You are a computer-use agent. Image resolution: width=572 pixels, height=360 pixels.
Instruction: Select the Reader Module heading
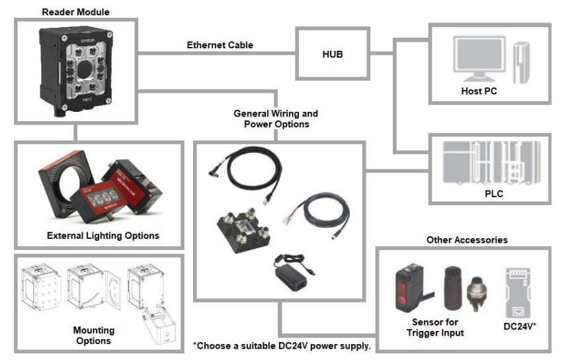coord(75,11)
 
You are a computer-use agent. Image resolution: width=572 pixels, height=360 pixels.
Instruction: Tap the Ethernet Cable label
coord(220,46)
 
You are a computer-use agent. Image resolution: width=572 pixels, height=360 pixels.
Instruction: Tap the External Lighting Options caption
coord(103,236)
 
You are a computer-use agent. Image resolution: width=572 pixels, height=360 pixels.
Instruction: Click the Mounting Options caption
coord(93,336)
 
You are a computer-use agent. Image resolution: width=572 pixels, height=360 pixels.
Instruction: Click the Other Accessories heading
coord(467,240)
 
